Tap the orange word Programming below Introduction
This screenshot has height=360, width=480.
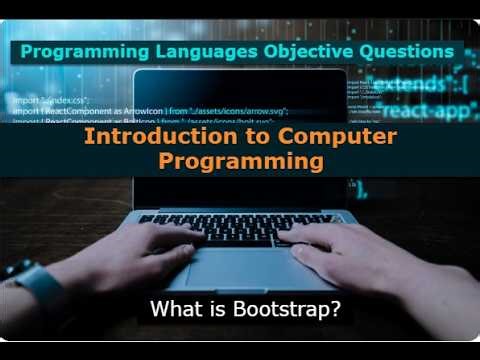point(241,159)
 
